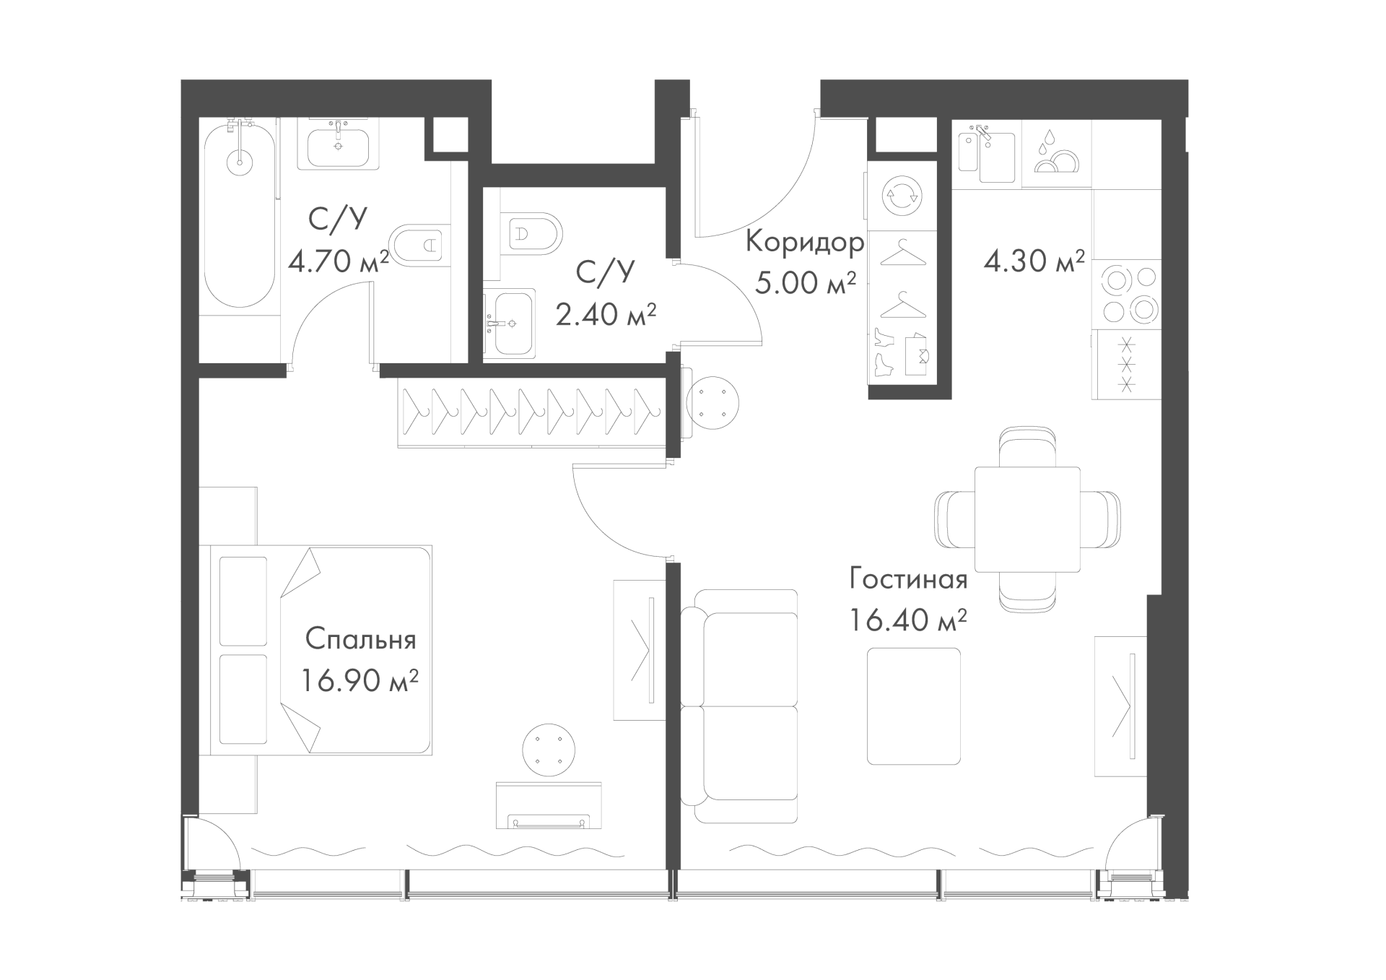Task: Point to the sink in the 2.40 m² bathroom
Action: click(510, 324)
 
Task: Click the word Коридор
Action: click(804, 242)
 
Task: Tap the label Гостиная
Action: click(908, 579)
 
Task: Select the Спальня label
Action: click(360, 640)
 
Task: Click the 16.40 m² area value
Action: click(908, 620)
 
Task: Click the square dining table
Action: click(1027, 519)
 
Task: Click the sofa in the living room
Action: click(739, 706)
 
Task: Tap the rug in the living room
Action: click(914, 706)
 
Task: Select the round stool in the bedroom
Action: click(549, 750)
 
